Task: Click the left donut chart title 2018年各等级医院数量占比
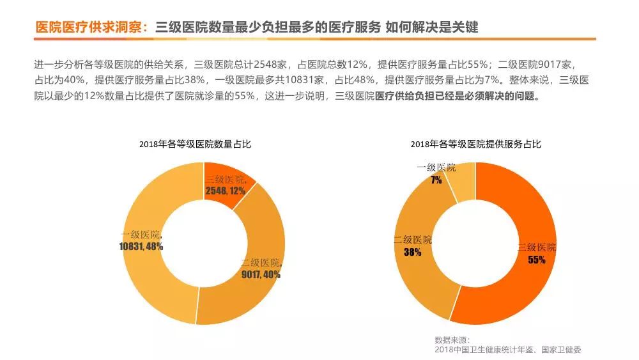195,145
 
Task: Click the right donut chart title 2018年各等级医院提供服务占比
475,145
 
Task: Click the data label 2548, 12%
226,191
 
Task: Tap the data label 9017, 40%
261,275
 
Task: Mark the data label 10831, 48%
141,246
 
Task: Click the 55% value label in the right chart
537,260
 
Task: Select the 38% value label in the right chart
413,252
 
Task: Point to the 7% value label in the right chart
436,180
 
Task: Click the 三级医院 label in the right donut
537,247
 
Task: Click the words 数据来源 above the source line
451,339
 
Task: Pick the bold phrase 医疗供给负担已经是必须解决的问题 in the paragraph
458,97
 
